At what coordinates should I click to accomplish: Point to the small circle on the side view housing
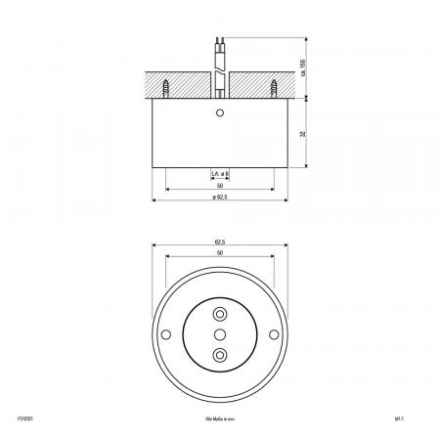click(220, 114)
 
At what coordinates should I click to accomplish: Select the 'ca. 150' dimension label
click(315, 66)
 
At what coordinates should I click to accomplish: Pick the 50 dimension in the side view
click(220, 186)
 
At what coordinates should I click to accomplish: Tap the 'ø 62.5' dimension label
click(220, 199)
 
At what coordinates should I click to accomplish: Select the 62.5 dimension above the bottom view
click(220, 242)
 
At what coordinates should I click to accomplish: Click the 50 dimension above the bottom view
click(220, 253)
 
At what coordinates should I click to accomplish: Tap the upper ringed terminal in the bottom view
click(220, 315)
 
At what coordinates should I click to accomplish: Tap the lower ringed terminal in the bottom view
click(220, 356)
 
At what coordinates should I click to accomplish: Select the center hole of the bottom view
click(220, 335)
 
